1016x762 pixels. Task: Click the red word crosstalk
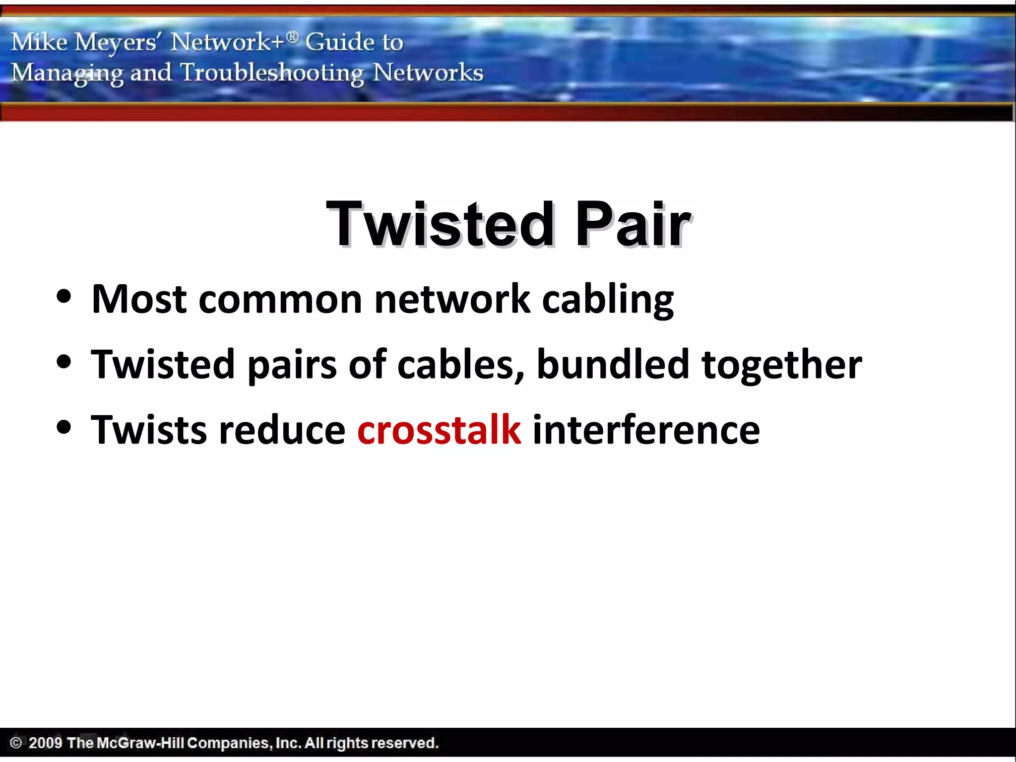point(439,430)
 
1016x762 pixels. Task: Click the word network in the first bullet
point(452,300)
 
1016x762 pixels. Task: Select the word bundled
point(613,364)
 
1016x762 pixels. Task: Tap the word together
point(781,365)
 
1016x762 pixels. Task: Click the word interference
point(646,430)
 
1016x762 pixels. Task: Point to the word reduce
point(282,430)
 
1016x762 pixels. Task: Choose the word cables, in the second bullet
point(461,365)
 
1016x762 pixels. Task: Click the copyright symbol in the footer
point(16,743)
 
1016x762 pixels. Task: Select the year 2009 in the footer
point(45,743)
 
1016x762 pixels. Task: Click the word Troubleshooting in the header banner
point(272,73)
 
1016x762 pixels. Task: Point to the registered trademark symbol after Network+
point(293,36)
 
